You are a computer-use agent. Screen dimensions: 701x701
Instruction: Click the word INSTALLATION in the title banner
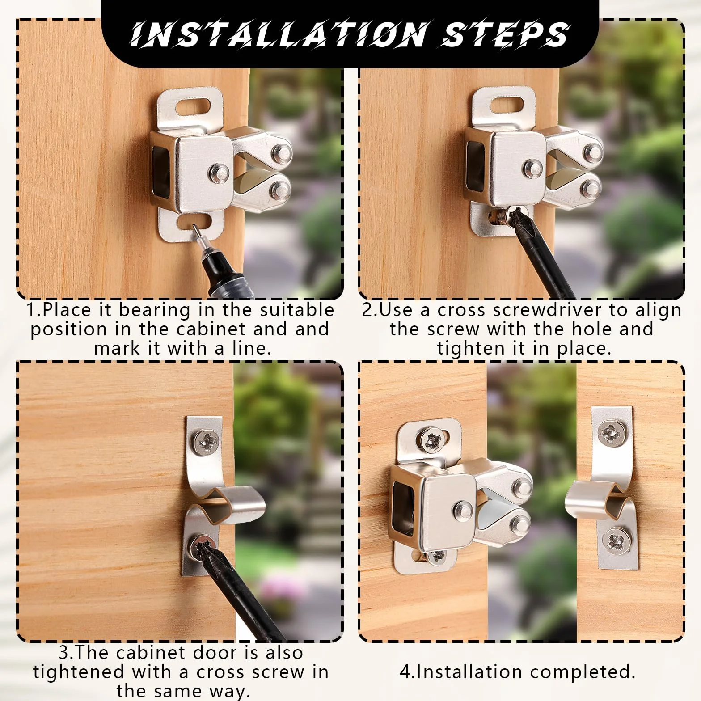click(280, 34)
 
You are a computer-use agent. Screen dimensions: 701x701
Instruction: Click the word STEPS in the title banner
click(505, 34)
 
